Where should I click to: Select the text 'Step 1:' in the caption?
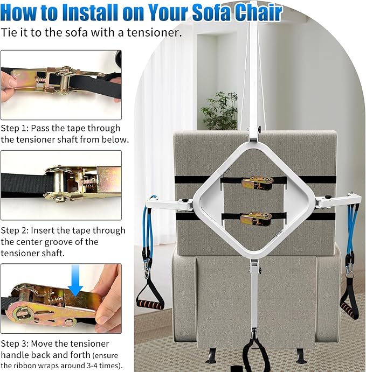click(x=15, y=128)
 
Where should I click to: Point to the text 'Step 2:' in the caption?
click(x=15, y=230)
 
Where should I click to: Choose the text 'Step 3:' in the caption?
click(x=15, y=343)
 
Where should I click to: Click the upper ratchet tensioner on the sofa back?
click(x=257, y=183)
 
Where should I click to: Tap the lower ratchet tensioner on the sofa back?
click(x=256, y=219)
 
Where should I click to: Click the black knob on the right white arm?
click(x=328, y=197)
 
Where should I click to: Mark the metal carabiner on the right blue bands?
click(x=349, y=269)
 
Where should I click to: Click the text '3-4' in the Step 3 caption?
click(x=92, y=366)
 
